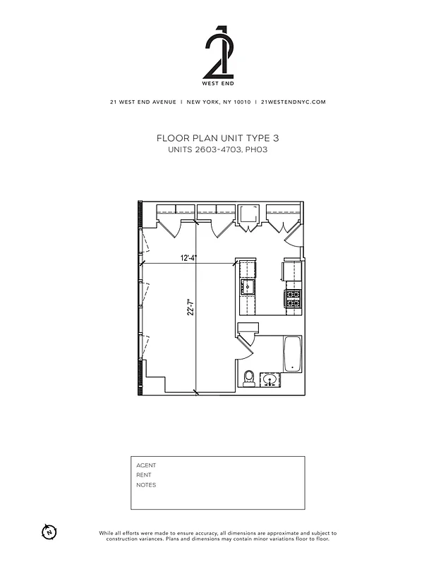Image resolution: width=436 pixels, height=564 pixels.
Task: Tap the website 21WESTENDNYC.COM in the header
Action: [x=293, y=102]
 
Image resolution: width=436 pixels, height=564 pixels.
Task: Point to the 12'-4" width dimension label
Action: [x=188, y=258]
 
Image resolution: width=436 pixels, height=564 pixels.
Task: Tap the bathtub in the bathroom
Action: [x=293, y=355]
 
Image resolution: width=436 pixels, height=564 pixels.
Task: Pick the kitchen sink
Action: [x=248, y=286]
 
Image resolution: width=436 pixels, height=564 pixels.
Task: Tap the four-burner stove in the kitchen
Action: [x=293, y=298]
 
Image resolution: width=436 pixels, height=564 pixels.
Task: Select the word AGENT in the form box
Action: [x=146, y=465]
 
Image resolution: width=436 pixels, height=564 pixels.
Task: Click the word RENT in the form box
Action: [x=144, y=475]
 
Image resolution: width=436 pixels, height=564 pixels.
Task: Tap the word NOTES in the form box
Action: [x=146, y=485]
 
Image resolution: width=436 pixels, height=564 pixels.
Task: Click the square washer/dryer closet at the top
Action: [x=249, y=214]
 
